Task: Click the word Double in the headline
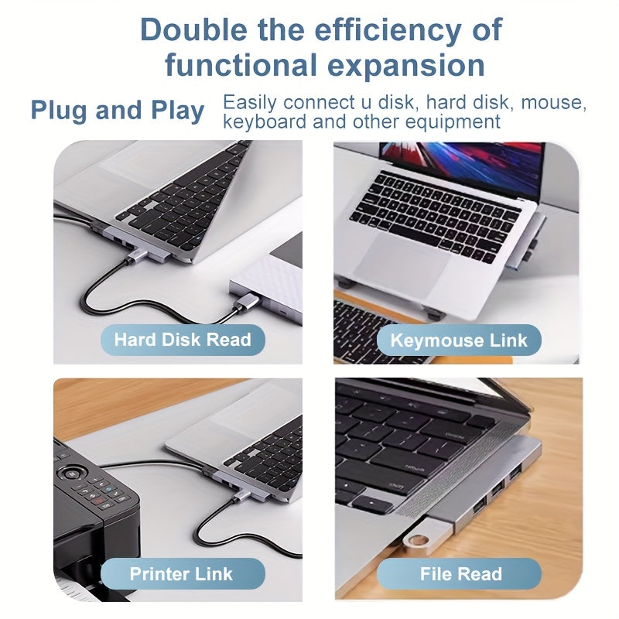[x=193, y=29]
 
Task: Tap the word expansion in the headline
[x=406, y=66]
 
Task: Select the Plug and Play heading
[x=118, y=110]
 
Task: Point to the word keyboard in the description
[x=265, y=121]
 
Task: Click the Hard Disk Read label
[x=183, y=340]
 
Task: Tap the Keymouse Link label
[x=459, y=340]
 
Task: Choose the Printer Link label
[x=181, y=574]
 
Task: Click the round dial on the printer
[x=71, y=473]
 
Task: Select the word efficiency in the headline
[x=388, y=30]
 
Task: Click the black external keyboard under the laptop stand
[x=375, y=332]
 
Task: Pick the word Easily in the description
[x=250, y=103]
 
